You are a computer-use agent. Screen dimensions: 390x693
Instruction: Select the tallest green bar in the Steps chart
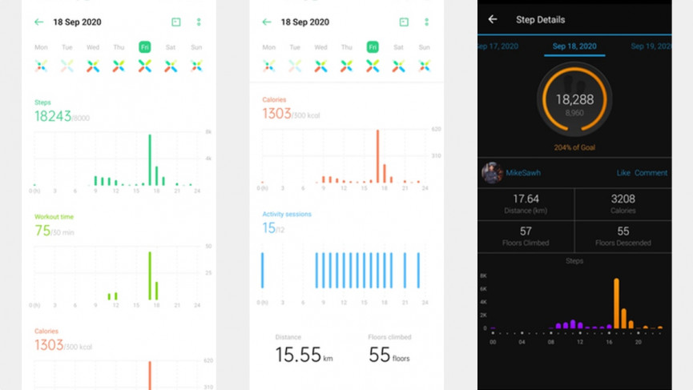[150, 159]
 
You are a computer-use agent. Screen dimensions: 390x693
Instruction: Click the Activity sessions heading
[287, 215]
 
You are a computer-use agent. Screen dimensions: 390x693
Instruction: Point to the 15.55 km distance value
[299, 355]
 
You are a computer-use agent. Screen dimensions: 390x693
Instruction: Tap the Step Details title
[540, 19]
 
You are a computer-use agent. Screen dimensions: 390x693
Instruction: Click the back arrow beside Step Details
[493, 19]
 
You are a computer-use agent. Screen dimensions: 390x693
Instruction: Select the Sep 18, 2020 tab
[574, 46]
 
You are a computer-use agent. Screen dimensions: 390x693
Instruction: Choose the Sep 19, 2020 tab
[651, 46]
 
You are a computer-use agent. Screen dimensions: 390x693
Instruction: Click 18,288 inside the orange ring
[574, 99]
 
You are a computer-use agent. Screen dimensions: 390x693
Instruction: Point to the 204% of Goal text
[574, 147]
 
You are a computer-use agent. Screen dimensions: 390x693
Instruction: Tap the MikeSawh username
[524, 172]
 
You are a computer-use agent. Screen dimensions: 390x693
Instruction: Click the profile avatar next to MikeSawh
[492, 172]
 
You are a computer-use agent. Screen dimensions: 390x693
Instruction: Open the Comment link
[651, 172]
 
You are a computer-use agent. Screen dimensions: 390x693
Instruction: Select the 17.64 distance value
[526, 199]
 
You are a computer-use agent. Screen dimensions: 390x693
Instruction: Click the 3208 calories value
[622, 199]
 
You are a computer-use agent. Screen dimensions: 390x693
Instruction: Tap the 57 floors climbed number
[526, 231]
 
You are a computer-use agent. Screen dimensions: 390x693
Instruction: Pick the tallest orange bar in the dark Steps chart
[616, 304]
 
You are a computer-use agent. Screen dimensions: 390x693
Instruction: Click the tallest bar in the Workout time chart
[150, 275]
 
